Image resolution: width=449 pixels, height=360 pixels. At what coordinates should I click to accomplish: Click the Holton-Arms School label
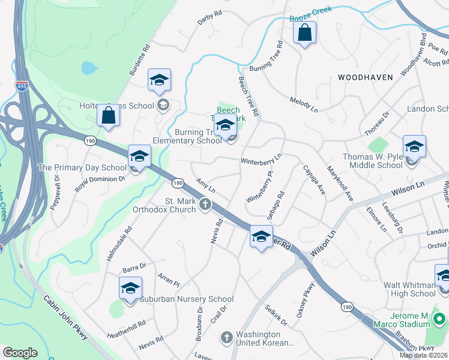[x=117, y=106]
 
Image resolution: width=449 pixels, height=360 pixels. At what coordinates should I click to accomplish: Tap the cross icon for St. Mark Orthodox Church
[x=205, y=205]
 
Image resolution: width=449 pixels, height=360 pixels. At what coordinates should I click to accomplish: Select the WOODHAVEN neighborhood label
[x=365, y=77]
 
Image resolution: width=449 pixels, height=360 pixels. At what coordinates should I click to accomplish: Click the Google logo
[x=20, y=353]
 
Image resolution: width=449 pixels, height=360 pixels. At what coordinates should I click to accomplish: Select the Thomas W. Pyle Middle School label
[x=372, y=161]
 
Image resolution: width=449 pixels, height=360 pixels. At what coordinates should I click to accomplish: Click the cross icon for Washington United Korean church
[x=226, y=337]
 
